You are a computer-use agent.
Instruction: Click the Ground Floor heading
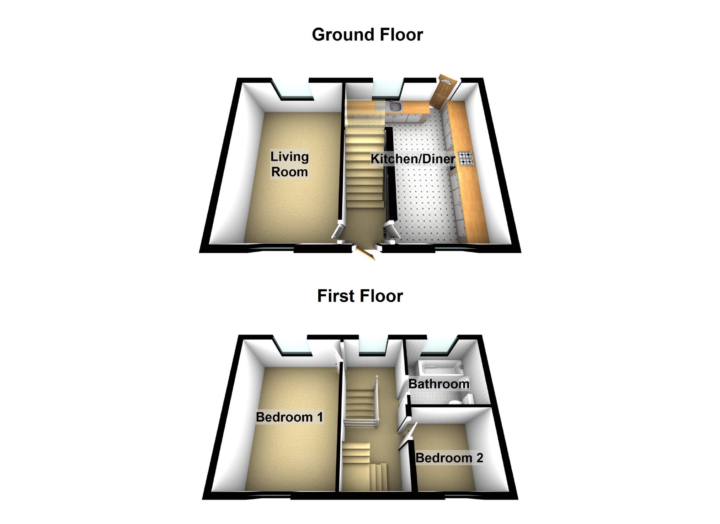367,35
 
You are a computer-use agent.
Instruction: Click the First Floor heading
360,296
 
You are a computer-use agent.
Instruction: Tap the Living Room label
289,164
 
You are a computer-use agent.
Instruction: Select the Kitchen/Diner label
412,159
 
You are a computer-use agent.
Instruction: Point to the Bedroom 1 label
289,417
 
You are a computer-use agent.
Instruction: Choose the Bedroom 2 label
449,458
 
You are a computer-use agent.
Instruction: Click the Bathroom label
439,384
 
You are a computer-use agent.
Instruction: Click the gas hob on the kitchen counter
466,158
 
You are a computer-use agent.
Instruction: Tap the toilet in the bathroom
455,402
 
